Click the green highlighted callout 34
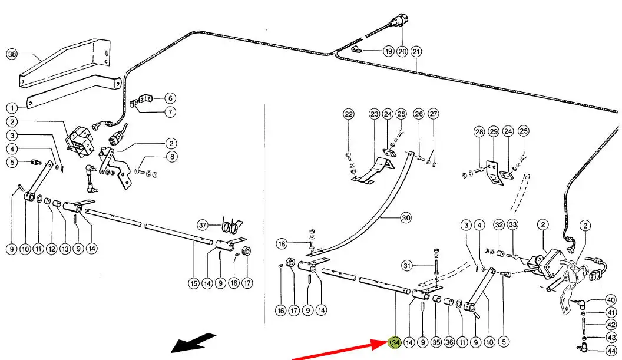[x=395, y=342]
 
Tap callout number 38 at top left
[x=12, y=54]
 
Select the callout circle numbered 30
[x=405, y=218]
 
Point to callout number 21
[x=416, y=51]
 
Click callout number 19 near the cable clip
[x=388, y=51]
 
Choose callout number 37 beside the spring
[x=203, y=225]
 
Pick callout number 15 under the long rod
[x=193, y=283]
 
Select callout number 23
[x=375, y=114]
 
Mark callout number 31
[x=406, y=266]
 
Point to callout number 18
[x=282, y=243]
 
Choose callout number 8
[x=171, y=157]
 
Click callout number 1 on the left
[x=12, y=108]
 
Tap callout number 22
[x=349, y=114]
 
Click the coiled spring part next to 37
[x=233, y=226]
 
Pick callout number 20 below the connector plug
[x=402, y=51]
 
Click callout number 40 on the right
[x=611, y=300]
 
